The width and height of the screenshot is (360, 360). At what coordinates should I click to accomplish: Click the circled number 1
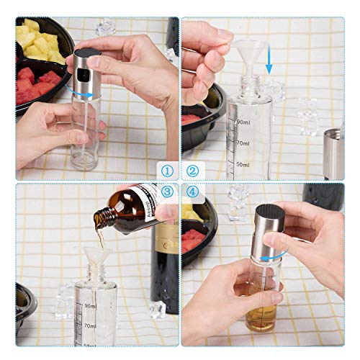tap(167, 171)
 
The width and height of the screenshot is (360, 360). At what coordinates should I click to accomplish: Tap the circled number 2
tap(192, 171)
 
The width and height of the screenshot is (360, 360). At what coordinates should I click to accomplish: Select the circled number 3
tap(167, 192)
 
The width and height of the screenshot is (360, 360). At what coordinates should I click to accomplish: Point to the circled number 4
tap(192, 192)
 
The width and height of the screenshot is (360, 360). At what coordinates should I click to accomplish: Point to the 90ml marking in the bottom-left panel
tap(89, 306)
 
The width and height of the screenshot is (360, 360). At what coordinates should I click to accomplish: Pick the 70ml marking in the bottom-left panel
tap(89, 326)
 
